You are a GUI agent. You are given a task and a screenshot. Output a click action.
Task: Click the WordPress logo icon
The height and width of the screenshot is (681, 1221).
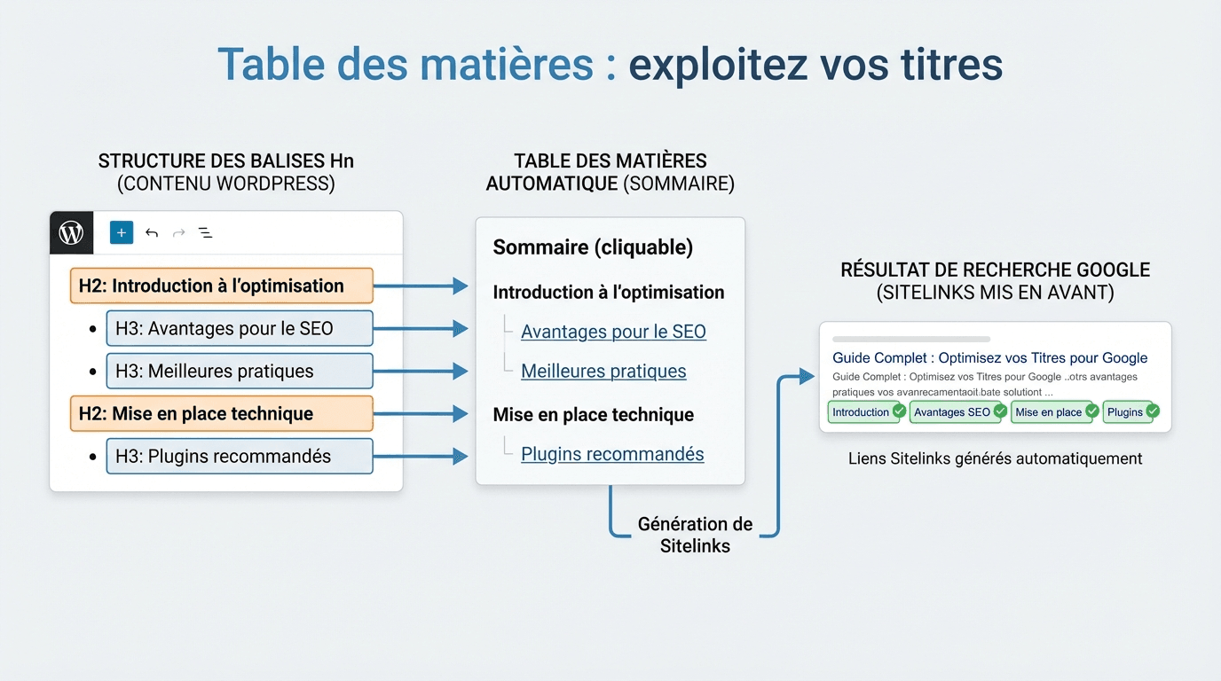point(71,232)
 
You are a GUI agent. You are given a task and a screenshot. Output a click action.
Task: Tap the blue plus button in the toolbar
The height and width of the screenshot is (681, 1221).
point(122,232)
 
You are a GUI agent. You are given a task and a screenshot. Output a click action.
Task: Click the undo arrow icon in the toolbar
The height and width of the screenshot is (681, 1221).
point(152,233)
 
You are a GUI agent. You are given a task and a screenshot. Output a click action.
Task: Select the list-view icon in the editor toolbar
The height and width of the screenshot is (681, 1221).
point(205,233)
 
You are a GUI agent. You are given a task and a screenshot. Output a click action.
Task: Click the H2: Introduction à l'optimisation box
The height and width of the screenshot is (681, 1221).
point(221,286)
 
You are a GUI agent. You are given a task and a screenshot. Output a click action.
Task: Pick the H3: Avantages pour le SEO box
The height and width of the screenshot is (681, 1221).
point(239,329)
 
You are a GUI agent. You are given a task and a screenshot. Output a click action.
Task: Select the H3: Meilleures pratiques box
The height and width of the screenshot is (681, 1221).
point(239,372)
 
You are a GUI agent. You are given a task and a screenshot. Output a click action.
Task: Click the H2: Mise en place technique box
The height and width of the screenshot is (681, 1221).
point(221,414)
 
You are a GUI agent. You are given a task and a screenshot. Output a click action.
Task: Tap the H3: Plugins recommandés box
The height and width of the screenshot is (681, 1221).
point(239,457)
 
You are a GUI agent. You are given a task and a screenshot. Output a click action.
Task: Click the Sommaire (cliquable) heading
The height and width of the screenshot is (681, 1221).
point(593,247)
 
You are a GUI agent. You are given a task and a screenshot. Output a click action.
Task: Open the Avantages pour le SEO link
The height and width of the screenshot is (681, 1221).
point(613,332)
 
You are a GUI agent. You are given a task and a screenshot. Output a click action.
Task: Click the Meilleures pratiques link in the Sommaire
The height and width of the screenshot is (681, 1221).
point(603,372)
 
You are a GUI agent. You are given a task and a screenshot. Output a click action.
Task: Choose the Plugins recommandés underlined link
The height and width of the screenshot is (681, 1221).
point(612,455)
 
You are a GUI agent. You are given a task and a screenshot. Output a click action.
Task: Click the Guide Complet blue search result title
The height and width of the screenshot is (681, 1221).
point(989,358)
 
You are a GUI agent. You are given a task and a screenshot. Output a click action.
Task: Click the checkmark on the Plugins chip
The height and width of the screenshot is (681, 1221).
point(1153,411)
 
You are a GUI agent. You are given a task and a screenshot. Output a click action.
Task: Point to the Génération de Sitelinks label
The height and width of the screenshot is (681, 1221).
point(695,535)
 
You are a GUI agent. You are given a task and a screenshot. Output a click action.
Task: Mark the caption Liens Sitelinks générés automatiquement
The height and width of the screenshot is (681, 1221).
point(995,458)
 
